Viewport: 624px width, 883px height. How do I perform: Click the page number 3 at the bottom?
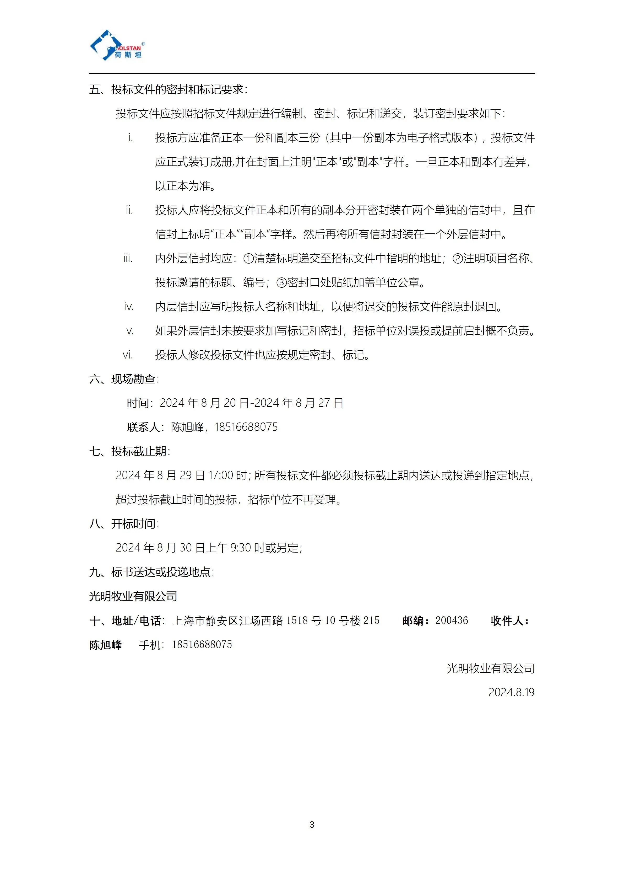pyautogui.click(x=312, y=825)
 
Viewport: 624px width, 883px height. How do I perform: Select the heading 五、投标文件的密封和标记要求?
pyautogui.click(x=168, y=90)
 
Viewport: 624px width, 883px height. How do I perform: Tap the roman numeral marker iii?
pyautogui.click(x=128, y=258)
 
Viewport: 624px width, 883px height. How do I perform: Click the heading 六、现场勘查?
pyautogui.click(x=124, y=379)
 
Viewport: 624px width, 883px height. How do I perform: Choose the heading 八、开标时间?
pyautogui.click(x=124, y=524)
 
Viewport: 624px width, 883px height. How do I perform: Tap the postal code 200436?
pyautogui.click(x=452, y=620)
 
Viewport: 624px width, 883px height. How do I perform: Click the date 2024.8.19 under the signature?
pyautogui.click(x=511, y=692)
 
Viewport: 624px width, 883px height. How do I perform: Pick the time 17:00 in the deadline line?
pyautogui.click(x=221, y=476)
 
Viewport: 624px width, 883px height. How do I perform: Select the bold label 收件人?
pyautogui.click(x=509, y=621)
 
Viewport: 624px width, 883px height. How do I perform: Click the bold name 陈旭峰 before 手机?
pyautogui.click(x=106, y=645)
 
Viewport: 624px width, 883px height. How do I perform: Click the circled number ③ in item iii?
pyautogui.click(x=282, y=283)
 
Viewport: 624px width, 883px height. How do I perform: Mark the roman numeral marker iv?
pyautogui.click(x=128, y=307)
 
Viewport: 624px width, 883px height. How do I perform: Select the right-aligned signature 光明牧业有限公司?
pyautogui.click(x=490, y=668)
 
